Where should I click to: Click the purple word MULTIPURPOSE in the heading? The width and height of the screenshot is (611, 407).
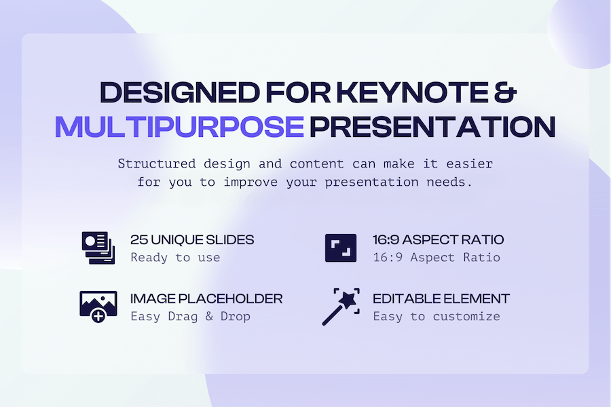(x=179, y=127)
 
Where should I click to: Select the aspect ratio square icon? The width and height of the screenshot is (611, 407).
(x=340, y=248)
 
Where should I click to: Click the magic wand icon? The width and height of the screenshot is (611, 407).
(x=340, y=307)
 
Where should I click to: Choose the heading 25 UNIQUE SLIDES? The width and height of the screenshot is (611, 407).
(x=192, y=239)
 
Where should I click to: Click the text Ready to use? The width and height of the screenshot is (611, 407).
(x=175, y=257)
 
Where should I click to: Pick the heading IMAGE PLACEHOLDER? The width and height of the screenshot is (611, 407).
(x=206, y=298)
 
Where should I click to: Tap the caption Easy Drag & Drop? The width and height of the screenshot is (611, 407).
(x=190, y=316)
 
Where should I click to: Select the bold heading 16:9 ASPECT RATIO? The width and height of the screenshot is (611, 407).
(x=439, y=239)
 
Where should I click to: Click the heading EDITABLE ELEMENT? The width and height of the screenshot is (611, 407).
(x=441, y=298)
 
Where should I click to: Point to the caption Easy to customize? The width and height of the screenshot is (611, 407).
(x=437, y=316)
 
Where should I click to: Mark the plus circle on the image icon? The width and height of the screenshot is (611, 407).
(x=99, y=315)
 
